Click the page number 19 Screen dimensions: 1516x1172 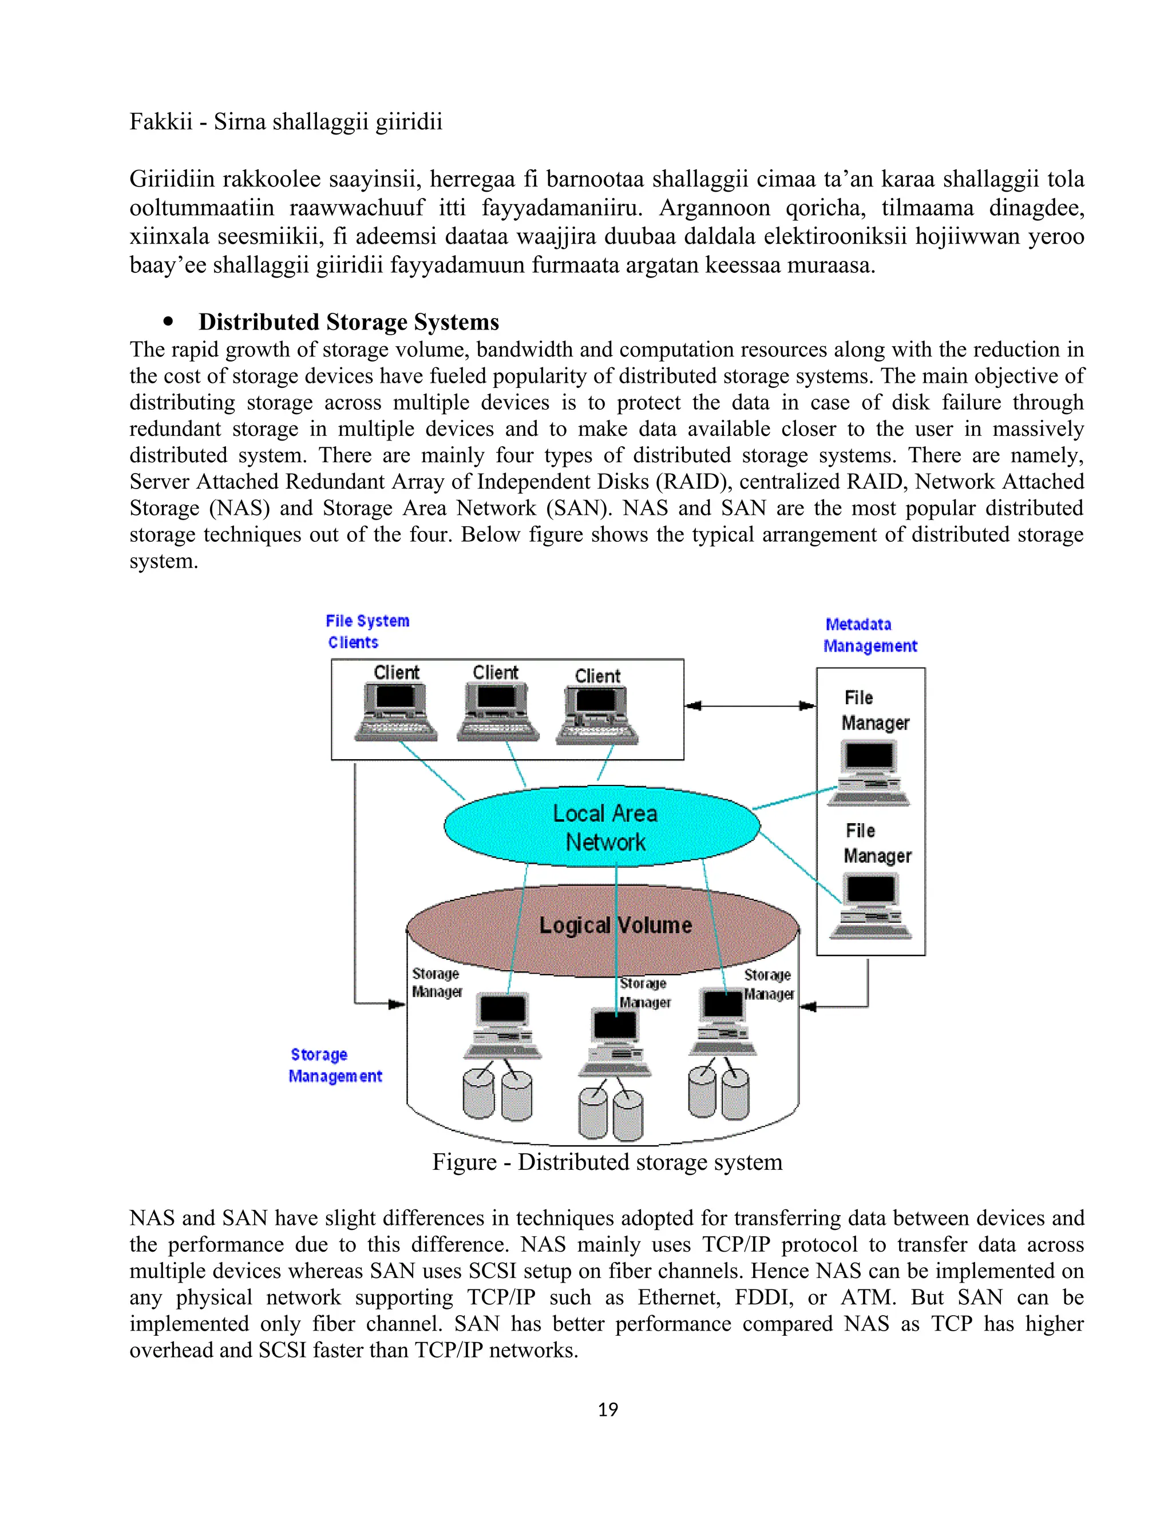click(x=608, y=1410)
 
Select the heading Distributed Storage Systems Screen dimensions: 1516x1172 click(x=349, y=322)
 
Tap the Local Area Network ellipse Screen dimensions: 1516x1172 click(x=603, y=827)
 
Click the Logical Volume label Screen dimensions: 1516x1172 click(x=615, y=925)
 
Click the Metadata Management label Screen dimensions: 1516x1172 click(x=870, y=635)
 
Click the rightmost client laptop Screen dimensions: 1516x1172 click(x=596, y=716)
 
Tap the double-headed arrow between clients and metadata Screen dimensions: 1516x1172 click(x=750, y=706)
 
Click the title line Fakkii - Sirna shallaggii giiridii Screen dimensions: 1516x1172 click(x=286, y=122)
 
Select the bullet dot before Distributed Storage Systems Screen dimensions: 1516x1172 click(x=168, y=322)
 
